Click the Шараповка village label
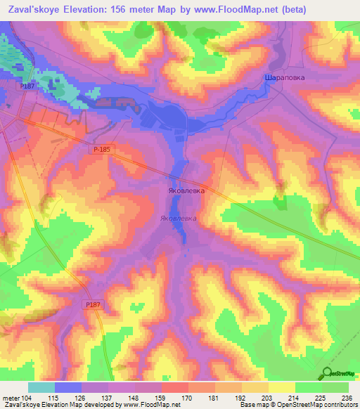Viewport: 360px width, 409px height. [x=285, y=78]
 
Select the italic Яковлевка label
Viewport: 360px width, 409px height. [x=179, y=219]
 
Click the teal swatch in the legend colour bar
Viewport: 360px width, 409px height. [x=41, y=387]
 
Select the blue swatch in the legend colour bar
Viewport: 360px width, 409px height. [x=68, y=387]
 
